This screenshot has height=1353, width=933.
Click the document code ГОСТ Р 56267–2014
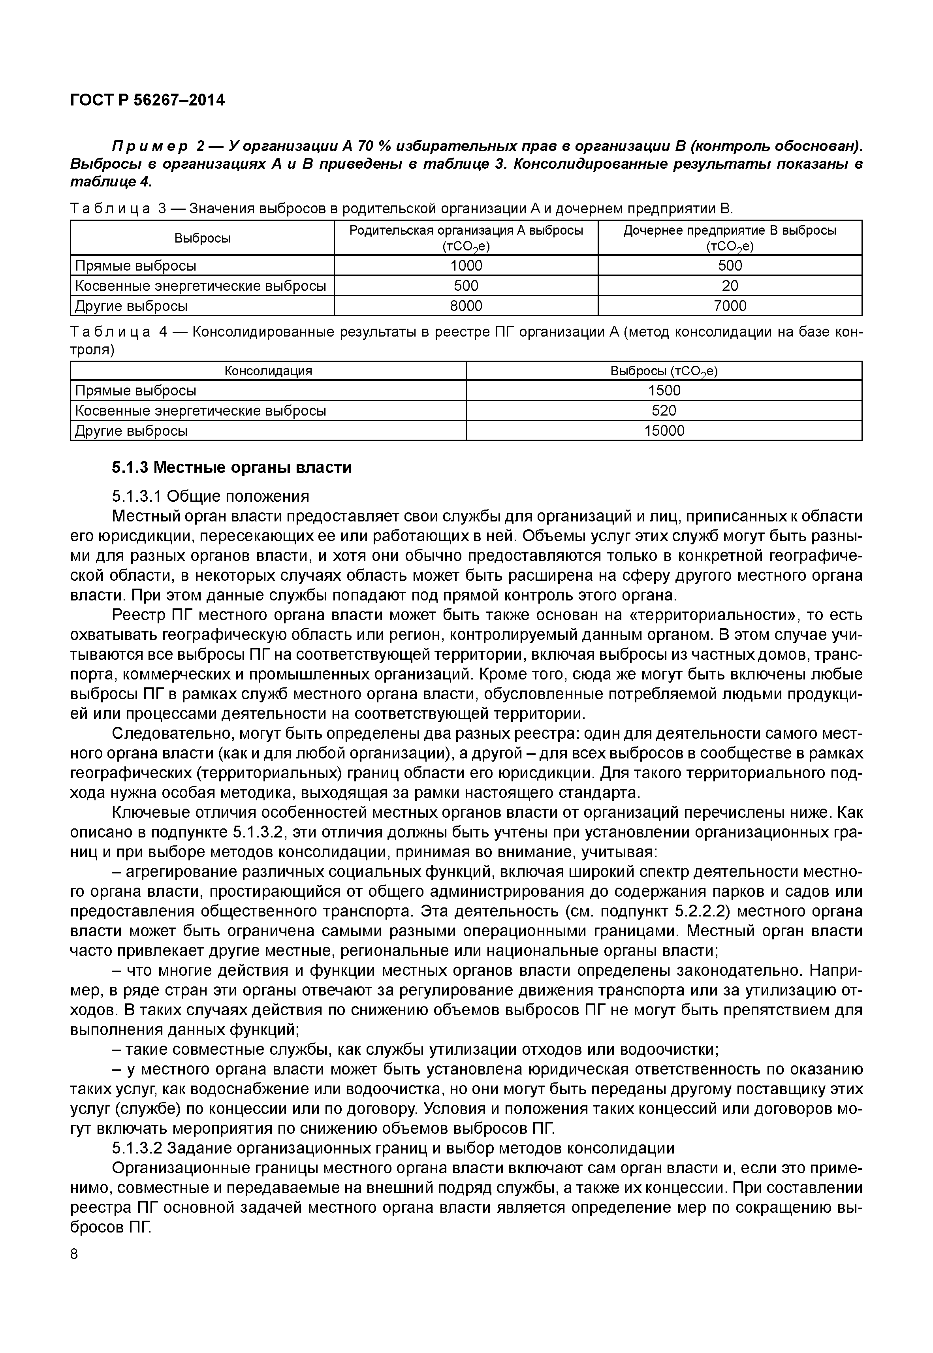pos(147,101)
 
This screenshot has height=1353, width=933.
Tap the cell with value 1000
pos(466,266)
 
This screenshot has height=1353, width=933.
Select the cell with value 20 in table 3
pos(730,286)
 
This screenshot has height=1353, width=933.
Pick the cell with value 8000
pos(466,306)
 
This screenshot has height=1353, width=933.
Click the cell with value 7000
pos(730,306)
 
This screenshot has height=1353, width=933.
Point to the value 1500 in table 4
pos(664,391)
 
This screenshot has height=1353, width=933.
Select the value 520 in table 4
pos(664,410)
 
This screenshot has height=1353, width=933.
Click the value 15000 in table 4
pos(664,431)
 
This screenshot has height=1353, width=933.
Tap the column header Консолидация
pos(268,371)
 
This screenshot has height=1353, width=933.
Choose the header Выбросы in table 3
pos(202,238)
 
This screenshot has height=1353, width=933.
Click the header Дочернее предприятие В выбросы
pos(730,231)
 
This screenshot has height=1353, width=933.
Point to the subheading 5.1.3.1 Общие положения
pos(210,497)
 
